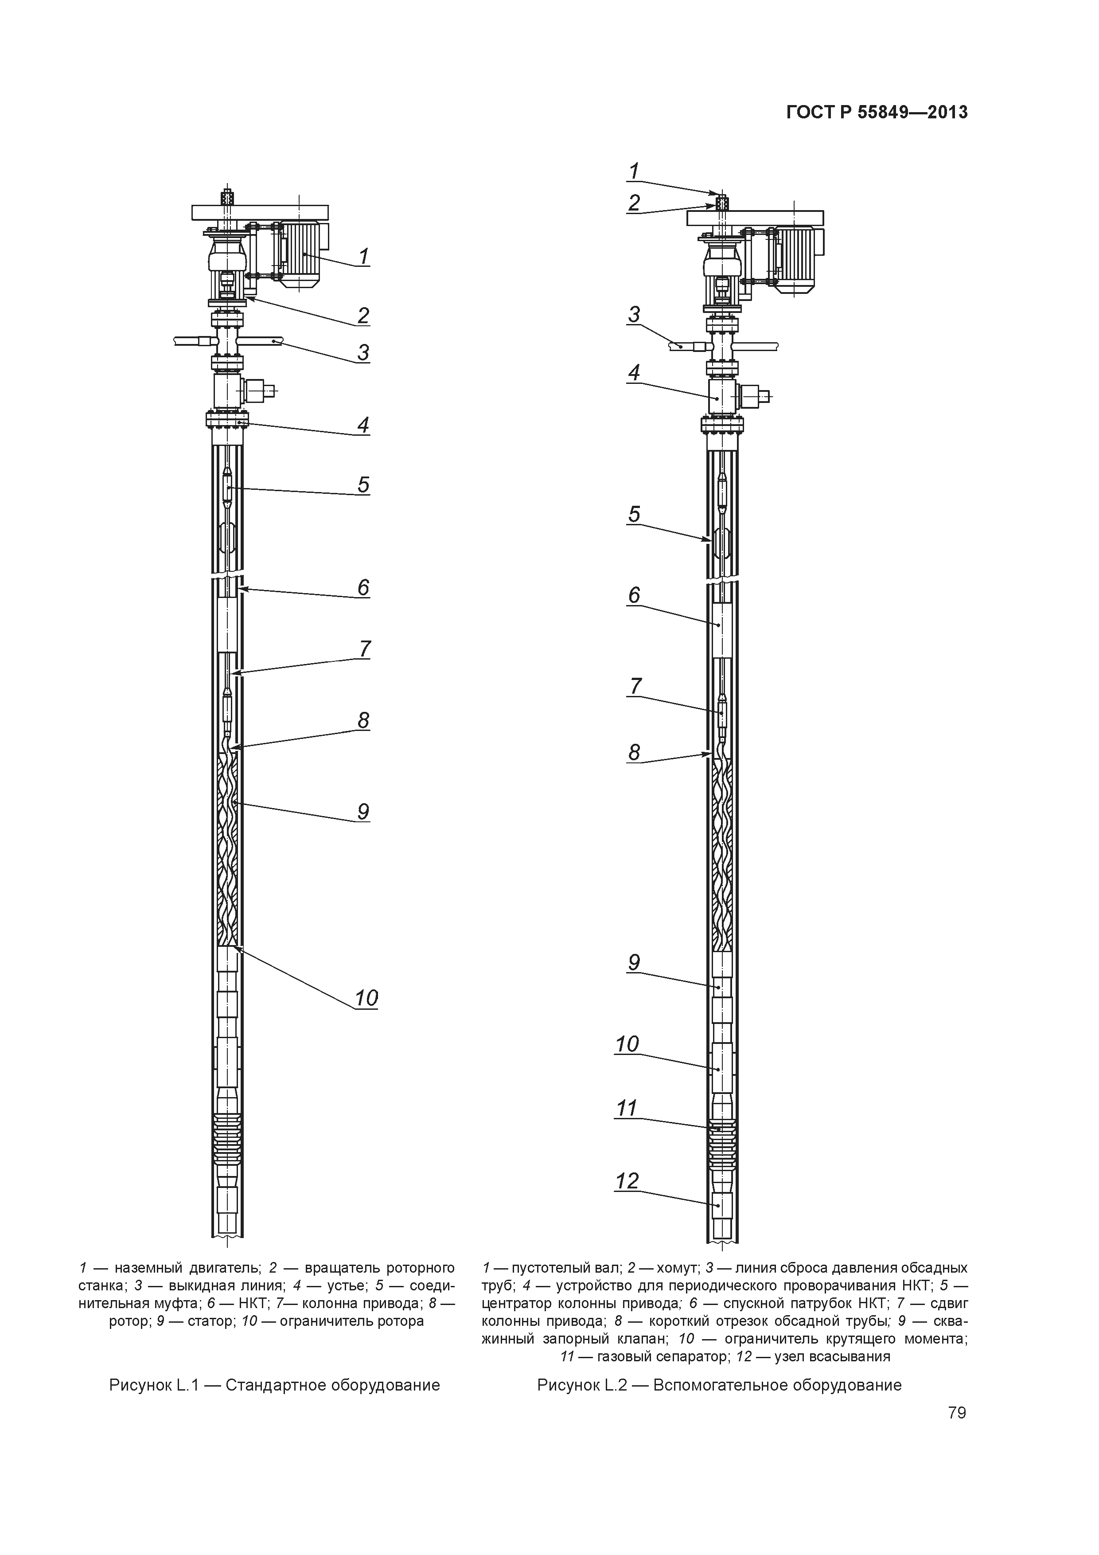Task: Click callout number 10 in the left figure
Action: (x=366, y=998)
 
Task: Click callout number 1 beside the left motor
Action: (x=364, y=257)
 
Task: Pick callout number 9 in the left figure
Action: (x=364, y=811)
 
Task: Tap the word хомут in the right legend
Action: (x=677, y=1268)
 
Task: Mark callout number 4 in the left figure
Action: (x=364, y=426)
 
